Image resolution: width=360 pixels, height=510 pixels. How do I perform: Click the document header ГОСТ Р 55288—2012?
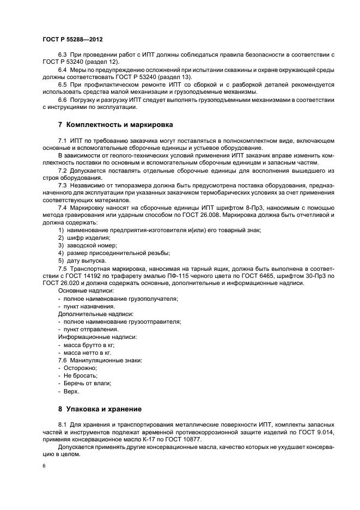click(72, 40)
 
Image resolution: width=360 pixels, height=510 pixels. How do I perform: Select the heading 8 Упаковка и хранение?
click(100, 409)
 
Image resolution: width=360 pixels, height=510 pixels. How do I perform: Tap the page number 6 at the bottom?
click(44, 467)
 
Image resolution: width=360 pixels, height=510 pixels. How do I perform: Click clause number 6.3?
click(63, 56)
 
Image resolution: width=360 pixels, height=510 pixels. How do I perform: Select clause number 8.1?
click(63, 424)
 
